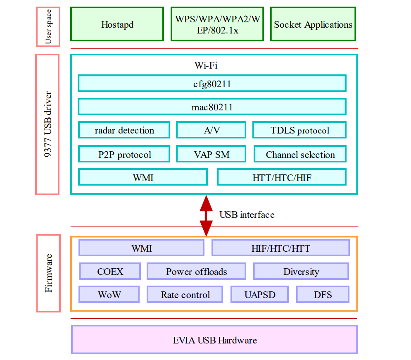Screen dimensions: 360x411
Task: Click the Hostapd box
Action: pyautogui.click(x=117, y=24)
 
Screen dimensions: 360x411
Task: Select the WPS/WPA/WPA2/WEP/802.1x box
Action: pyautogui.click(x=217, y=24)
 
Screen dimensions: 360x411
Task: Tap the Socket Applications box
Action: pyautogui.click(x=313, y=24)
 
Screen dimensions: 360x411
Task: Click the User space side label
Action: pyautogui.click(x=48, y=26)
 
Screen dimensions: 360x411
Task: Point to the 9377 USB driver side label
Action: pyautogui.click(x=48, y=124)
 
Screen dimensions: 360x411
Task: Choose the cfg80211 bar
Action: pyautogui.click(x=211, y=83)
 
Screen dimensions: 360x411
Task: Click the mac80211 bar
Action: pyautogui.click(x=211, y=107)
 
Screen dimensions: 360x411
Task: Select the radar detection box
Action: pyautogui.click(x=124, y=130)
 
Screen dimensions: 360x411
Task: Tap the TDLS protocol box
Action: pyautogui.click(x=299, y=130)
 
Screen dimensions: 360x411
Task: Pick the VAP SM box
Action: pyautogui.click(x=211, y=155)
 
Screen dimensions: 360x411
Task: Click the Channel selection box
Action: pyautogui.click(x=300, y=155)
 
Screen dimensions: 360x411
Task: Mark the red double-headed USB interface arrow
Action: pyautogui.click(x=206, y=216)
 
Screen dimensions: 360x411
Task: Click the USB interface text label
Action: pyautogui.click(x=247, y=215)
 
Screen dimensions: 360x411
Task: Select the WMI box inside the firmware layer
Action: pyautogui.click(x=141, y=248)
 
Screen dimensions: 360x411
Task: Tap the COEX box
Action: pyautogui.click(x=110, y=272)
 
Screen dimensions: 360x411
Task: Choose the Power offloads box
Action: pyautogui.click(x=196, y=272)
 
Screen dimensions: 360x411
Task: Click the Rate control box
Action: pyautogui.click(x=185, y=295)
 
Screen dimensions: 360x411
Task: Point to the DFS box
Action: pyautogui.click(x=323, y=295)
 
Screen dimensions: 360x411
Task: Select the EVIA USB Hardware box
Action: pyautogui.click(x=214, y=340)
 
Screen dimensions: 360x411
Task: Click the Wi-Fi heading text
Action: pyautogui.click(x=206, y=65)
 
